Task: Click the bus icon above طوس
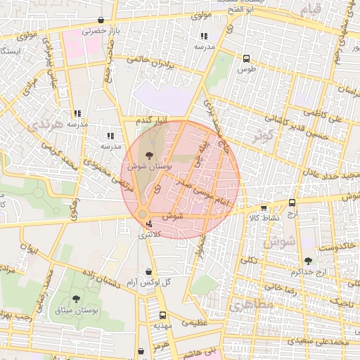click(246, 59)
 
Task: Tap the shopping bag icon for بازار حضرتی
click(102, 20)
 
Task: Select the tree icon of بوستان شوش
click(148, 155)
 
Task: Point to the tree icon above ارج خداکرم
click(308, 261)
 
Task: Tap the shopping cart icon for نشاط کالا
click(264, 208)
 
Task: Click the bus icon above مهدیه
click(163, 315)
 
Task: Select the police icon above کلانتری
click(148, 224)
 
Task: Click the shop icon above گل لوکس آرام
click(148, 271)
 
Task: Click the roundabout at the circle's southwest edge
click(143, 214)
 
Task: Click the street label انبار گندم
click(153, 122)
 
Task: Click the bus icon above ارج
click(292, 202)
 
